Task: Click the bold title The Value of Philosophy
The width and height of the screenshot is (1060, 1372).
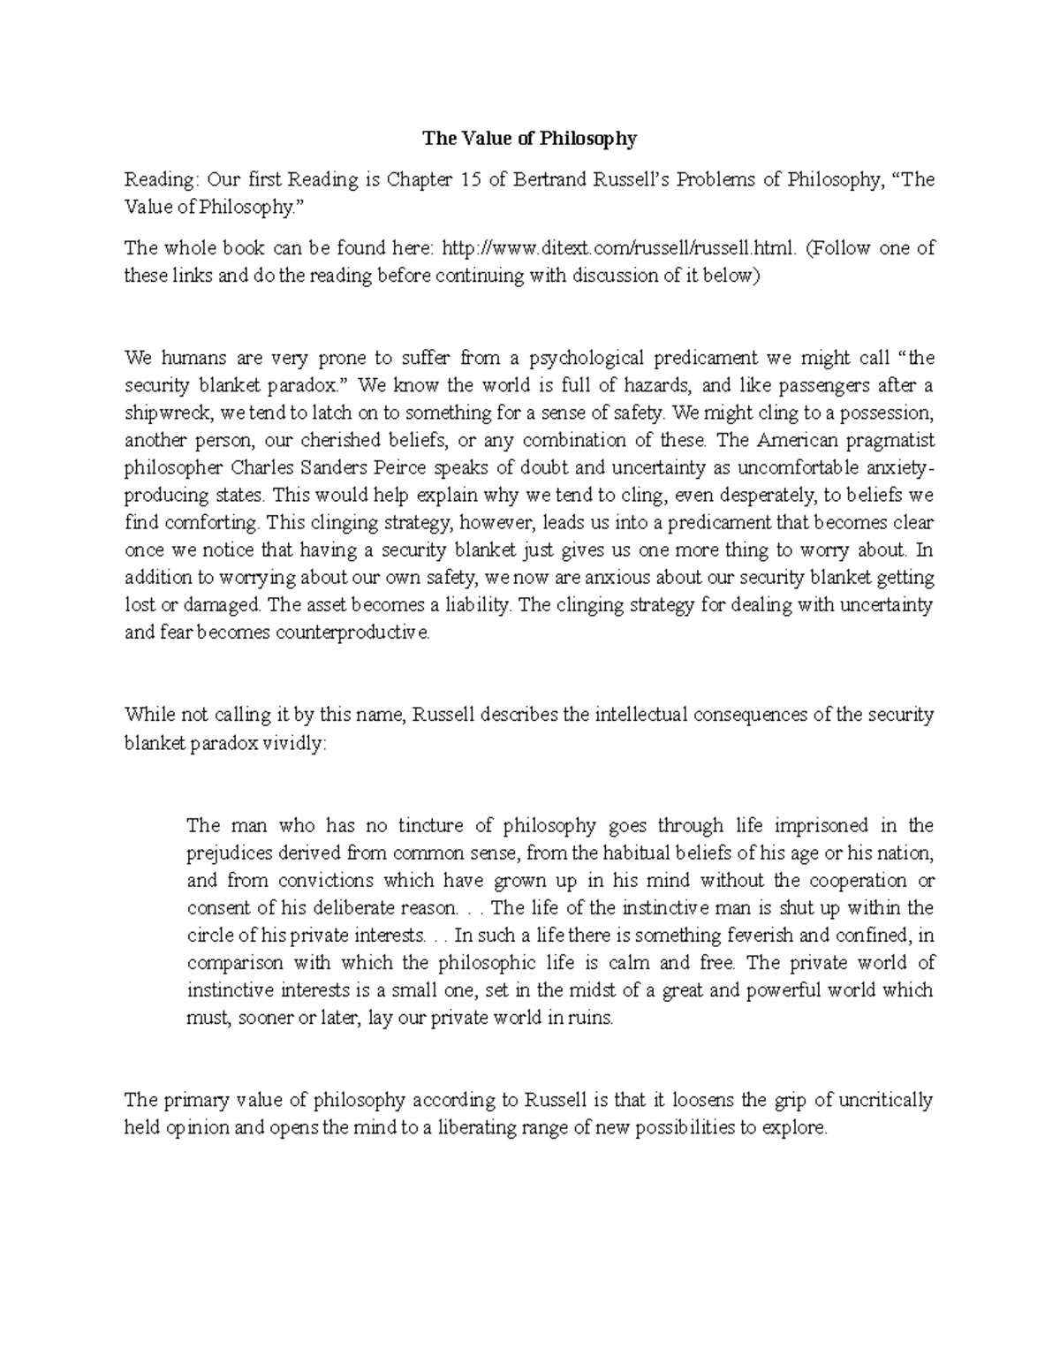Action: (x=529, y=138)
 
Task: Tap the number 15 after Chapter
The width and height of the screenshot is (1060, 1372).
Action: (x=468, y=180)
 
